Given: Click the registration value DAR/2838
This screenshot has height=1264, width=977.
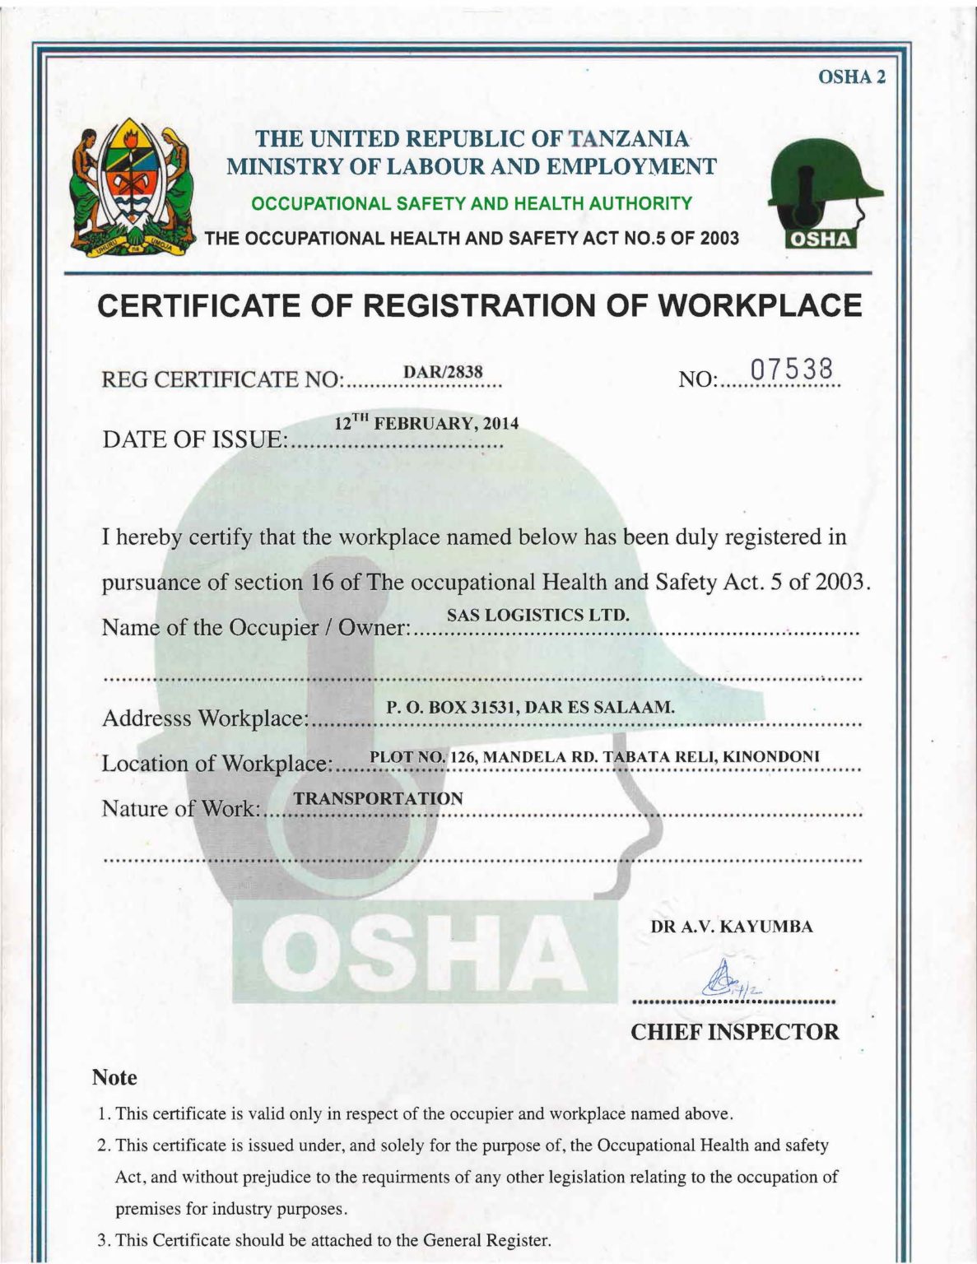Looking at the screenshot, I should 442,371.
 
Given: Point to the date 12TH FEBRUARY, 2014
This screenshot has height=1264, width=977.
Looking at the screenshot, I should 426,424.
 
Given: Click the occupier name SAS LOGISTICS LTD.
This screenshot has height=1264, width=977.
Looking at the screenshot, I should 537,615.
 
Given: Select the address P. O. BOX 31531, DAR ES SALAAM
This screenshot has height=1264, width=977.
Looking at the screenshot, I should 530,707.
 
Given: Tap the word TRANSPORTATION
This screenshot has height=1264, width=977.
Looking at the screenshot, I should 378,798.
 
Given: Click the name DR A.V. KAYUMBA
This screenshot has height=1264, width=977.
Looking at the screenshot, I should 732,927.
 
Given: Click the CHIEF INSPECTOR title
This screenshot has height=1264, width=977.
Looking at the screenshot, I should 734,1032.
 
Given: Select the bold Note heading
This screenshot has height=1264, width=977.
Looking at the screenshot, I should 114,1077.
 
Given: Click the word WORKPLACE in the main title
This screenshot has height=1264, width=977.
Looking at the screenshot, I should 761,305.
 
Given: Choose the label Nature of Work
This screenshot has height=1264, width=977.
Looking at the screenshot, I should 180,809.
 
